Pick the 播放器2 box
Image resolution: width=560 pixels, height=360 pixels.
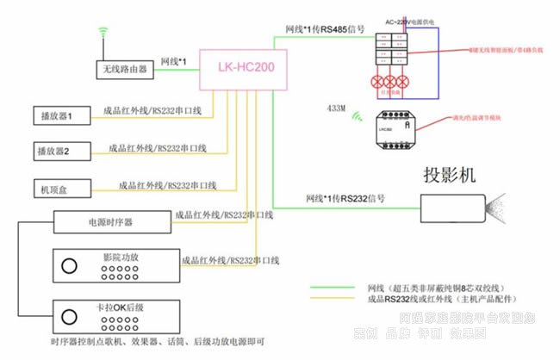click(54, 151)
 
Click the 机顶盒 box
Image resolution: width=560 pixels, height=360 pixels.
click(54, 187)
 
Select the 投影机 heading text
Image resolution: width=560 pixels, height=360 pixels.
click(450, 175)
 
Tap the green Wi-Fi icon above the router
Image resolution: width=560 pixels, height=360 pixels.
click(104, 34)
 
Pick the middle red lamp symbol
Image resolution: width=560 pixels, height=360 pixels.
click(389, 84)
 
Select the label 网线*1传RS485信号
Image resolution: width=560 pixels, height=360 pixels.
click(324, 28)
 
